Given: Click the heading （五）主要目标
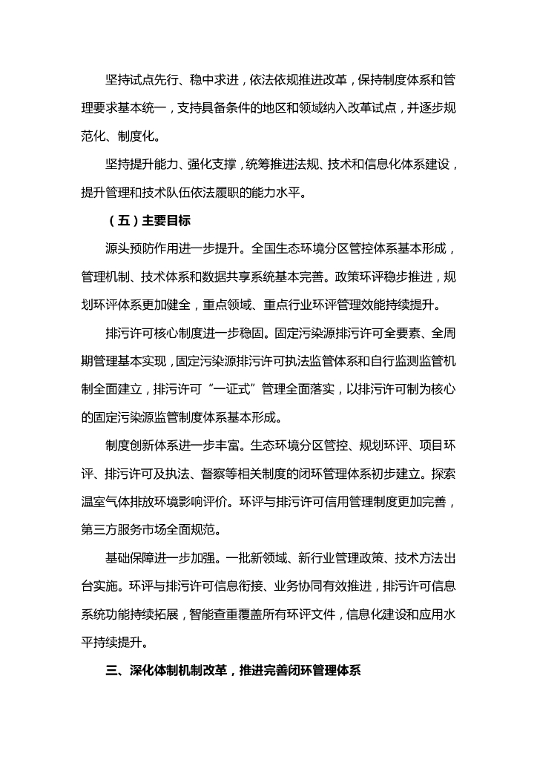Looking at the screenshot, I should tap(147, 221).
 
